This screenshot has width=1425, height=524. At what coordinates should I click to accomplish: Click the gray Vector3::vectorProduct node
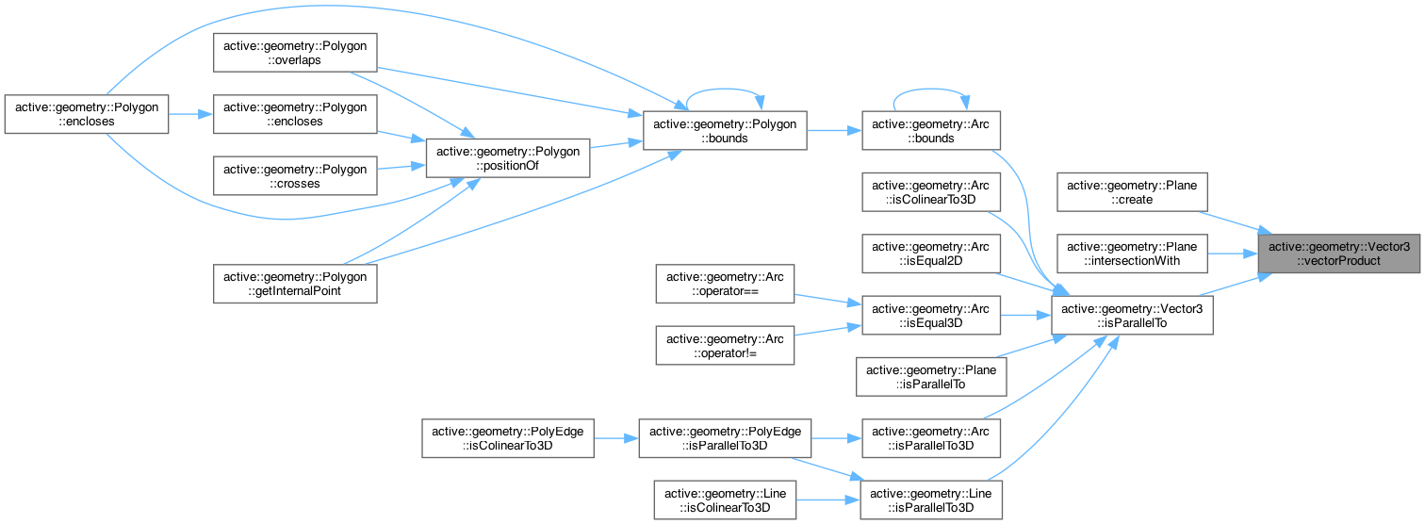pos(1339,253)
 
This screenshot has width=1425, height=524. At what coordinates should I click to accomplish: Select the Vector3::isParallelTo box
pos(1131,316)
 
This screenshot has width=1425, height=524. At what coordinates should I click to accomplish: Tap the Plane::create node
pos(1132,193)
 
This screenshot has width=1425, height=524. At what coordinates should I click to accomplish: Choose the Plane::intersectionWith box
pos(1132,253)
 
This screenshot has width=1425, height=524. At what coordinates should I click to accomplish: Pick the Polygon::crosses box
pos(295,175)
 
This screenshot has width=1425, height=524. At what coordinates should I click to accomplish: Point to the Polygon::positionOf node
pos(508,156)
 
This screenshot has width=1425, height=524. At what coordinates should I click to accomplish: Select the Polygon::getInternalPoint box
pos(295,284)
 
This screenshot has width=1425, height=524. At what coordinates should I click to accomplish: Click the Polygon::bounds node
pos(724,131)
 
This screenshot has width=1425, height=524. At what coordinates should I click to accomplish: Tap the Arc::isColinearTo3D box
pos(932,193)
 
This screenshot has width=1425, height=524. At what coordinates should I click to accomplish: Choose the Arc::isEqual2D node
pos(932,254)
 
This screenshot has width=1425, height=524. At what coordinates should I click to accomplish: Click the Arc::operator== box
pos(726,285)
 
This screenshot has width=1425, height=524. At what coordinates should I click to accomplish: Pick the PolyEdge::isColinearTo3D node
pos(507,439)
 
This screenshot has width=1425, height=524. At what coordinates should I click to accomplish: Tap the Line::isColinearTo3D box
pos(726,499)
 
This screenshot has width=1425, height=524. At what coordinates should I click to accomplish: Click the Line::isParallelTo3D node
pos(932,499)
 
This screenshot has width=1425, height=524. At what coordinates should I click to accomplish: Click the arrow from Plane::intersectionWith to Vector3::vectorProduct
pos(1232,253)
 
